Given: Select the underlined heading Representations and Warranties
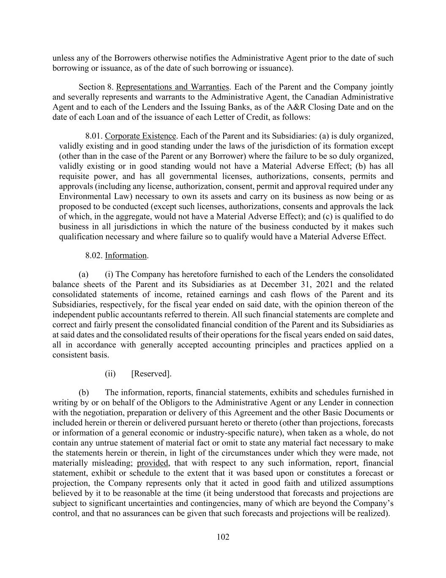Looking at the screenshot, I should tap(172, 87).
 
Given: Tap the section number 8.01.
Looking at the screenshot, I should tap(94, 136).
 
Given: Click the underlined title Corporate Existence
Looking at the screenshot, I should tap(140, 136).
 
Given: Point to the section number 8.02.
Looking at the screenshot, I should tap(94, 255).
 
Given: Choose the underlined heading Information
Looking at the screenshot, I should tap(126, 255).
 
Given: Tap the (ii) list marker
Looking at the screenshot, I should tap(110, 374).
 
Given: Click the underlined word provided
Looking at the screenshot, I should tap(153, 463).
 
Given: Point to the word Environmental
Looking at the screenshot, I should tap(85, 196).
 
